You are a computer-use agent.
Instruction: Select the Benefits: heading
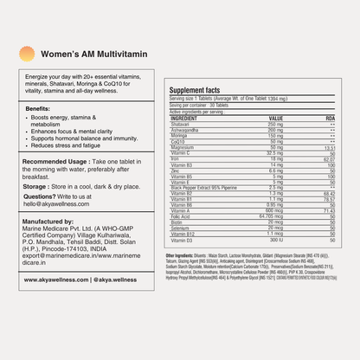(x=44, y=108)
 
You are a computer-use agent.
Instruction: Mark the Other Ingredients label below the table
(x=185, y=256)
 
